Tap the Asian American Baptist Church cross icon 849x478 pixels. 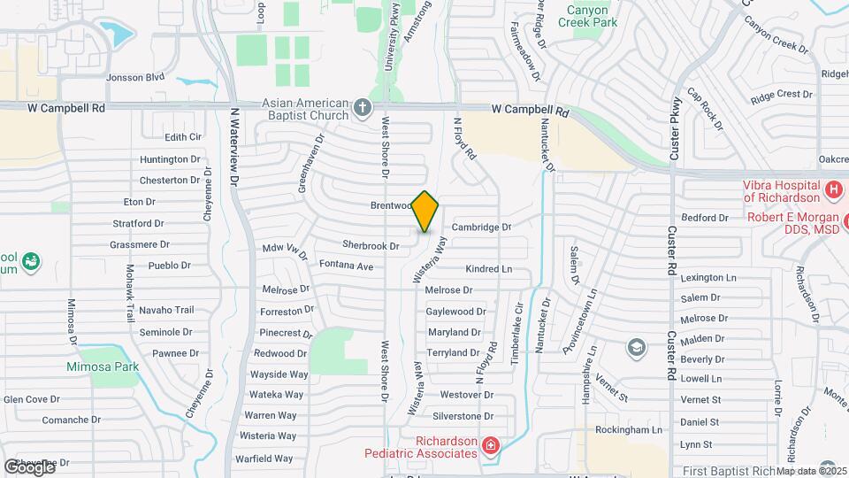click(362, 109)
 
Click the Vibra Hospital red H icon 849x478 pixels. click(832, 189)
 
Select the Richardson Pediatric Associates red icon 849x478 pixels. click(491, 446)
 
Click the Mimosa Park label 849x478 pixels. click(102, 366)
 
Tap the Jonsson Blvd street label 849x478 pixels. click(135, 77)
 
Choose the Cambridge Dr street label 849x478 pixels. click(481, 227)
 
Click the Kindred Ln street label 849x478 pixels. click(488, 268)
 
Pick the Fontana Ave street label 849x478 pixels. click(347, 266)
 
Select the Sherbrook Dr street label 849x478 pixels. click(371, 245)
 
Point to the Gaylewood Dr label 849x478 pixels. click(455, 312)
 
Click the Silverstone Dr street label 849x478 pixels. click(463, 416)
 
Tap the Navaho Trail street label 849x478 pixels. click(166, 310)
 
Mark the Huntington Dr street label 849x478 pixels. click(170, 159)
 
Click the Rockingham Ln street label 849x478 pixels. click(629, 429)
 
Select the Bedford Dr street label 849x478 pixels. click(704, 218)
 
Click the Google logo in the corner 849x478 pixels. click(28, 466)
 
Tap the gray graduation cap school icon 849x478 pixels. click(636, 346)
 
